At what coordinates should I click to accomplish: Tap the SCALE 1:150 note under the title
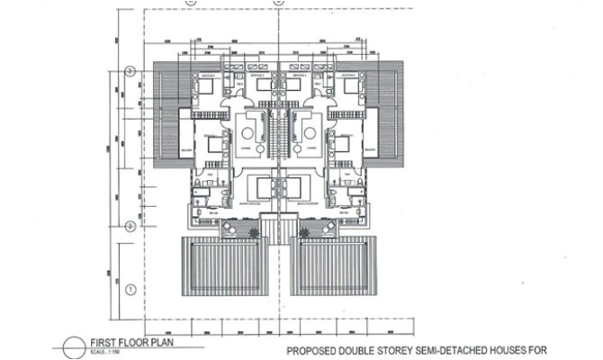tap(110, 352)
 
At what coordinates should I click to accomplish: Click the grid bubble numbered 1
tap(130, 289)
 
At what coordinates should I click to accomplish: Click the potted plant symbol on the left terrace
tap(256, 232)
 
